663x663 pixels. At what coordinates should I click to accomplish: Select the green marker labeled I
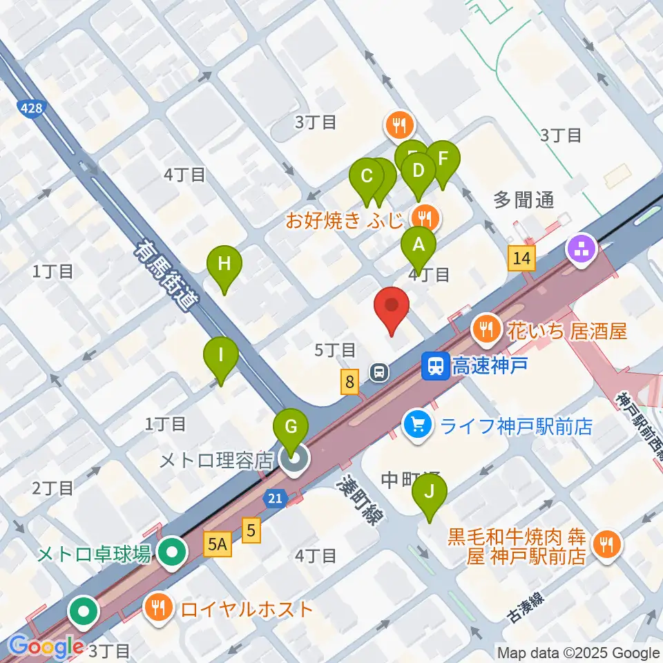coord(220,356)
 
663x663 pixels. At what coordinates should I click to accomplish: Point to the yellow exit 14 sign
coord(521,258)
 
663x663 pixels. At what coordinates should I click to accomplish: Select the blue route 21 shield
coord(275,498)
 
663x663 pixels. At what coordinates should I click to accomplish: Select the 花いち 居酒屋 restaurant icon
coord(487,328)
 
